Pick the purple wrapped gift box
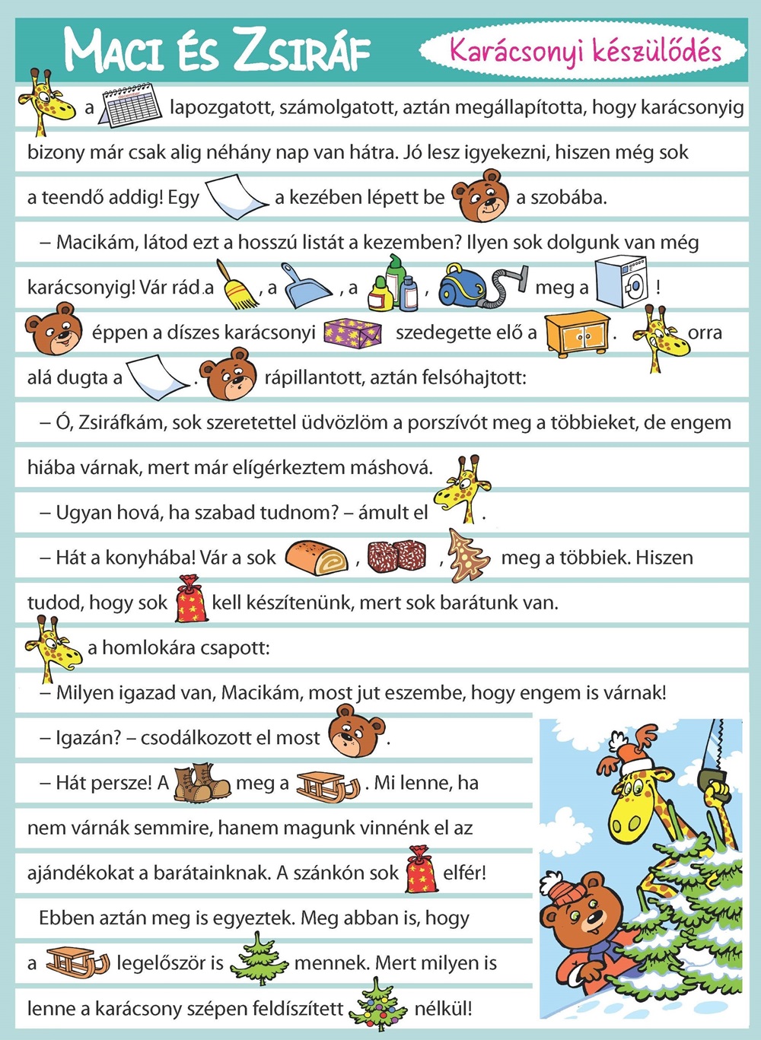[352, 332]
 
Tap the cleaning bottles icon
[393, 284]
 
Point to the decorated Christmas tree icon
[378, 1005]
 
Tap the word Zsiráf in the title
[302, 50]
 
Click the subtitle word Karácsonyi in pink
[517, 50]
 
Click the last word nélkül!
[443, 1009]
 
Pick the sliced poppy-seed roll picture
[317, 556]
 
